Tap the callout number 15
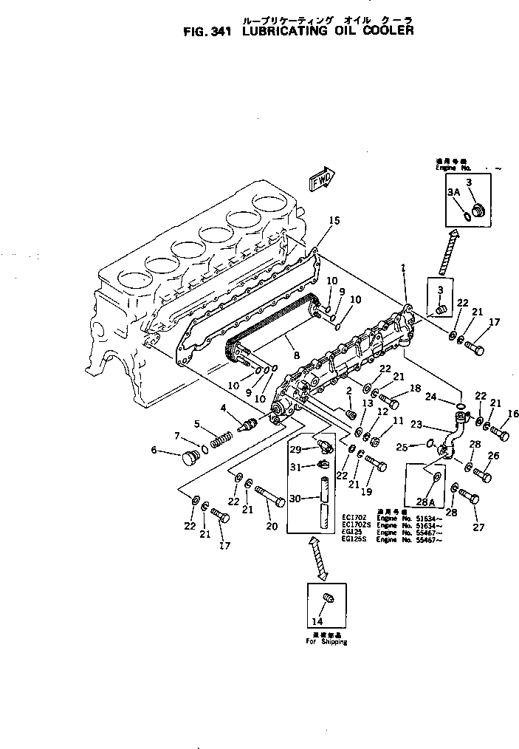coord(334,220)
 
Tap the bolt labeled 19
coord(375,465)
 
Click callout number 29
coord(295,448)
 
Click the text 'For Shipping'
coord(326,641)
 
